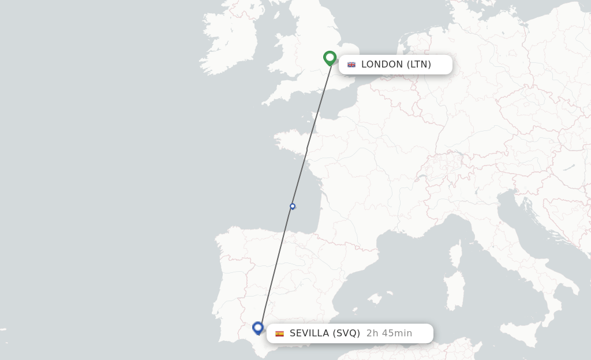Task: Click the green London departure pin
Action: point(330,57)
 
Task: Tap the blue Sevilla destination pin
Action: point(258,328)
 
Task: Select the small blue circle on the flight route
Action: point(293,206)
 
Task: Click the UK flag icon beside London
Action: point(351,65)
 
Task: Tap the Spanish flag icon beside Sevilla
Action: point(279,333)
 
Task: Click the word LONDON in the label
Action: point(381,65)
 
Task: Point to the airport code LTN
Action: point(419,65)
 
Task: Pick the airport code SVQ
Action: point(347,333)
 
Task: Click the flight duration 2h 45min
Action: point(389,333)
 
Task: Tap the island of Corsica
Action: point(455,254)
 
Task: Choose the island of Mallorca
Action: point(376,299)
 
